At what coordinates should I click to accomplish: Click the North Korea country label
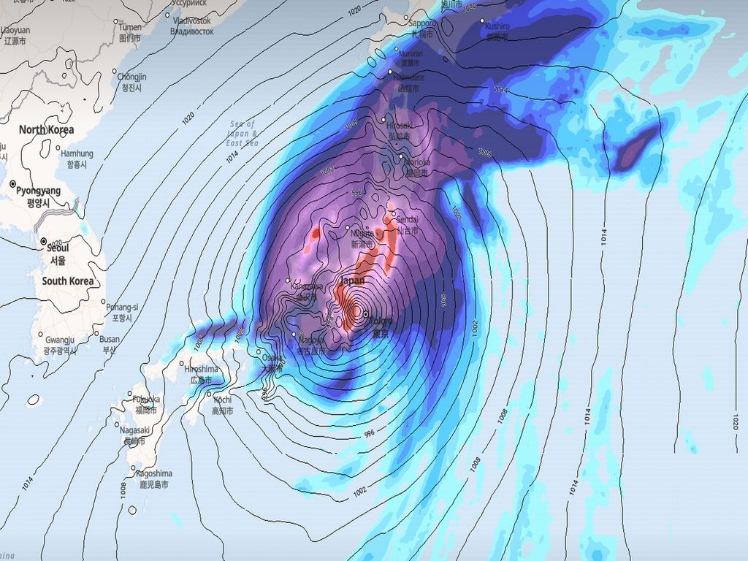point(47,130)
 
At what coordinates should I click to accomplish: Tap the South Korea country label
point(67,281)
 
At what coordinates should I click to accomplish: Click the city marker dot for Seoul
point(44,241)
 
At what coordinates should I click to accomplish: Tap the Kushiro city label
point(497,26)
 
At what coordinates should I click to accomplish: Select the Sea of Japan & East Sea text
point(243,134)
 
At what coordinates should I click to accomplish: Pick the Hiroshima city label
point(202,370)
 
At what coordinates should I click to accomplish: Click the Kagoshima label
point(154,473)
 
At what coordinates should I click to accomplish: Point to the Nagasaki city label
point(136,430)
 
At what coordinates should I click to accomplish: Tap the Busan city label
point(110,339)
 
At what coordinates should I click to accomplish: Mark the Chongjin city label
point(131,77)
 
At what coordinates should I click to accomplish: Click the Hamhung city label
point(77,154)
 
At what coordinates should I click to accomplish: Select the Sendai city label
point(408,219)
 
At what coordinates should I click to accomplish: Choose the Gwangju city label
point(60,340)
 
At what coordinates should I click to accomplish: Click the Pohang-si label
point(122,308)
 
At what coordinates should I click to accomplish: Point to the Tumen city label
point(130,27)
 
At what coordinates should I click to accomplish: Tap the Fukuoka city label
point(145,400)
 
